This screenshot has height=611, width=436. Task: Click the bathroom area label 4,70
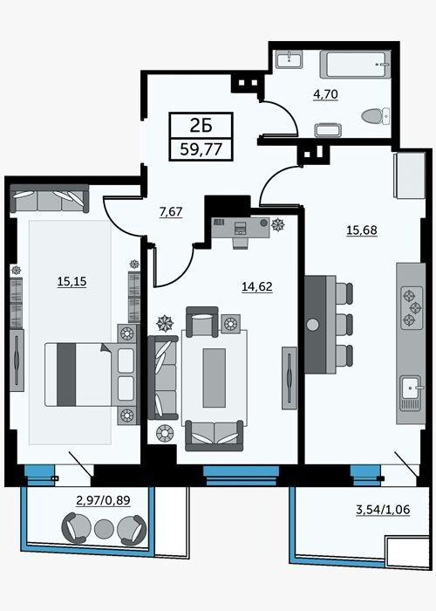pos(325,94)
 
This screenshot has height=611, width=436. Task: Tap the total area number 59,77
pos(201,149)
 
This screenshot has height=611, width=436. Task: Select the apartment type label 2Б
pos(201,125)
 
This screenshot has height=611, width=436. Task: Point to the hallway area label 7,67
pos(171,212)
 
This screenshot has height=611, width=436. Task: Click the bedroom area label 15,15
pos(72,281)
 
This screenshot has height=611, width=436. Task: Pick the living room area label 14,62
pos(257,287)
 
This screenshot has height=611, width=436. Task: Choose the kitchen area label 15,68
pos(362,230)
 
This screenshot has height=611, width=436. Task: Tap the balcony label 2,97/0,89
pos(103,500)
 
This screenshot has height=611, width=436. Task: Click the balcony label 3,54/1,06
pos(383,509)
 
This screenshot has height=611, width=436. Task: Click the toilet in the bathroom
pos(375,116)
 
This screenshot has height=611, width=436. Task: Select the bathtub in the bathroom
pos(356,65)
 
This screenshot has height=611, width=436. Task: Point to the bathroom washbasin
pos(290,59)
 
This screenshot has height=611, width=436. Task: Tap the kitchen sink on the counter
pos(411,393)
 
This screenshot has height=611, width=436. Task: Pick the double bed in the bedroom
pos(91,374)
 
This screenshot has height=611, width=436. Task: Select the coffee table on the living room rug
pos(215,378)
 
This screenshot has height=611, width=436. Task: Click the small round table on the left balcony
pos(104,529)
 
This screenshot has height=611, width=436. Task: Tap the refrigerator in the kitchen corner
pos(409,175)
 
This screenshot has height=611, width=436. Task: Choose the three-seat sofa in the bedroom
pos(49,199)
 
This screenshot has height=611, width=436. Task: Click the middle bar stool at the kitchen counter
pos(344,325)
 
